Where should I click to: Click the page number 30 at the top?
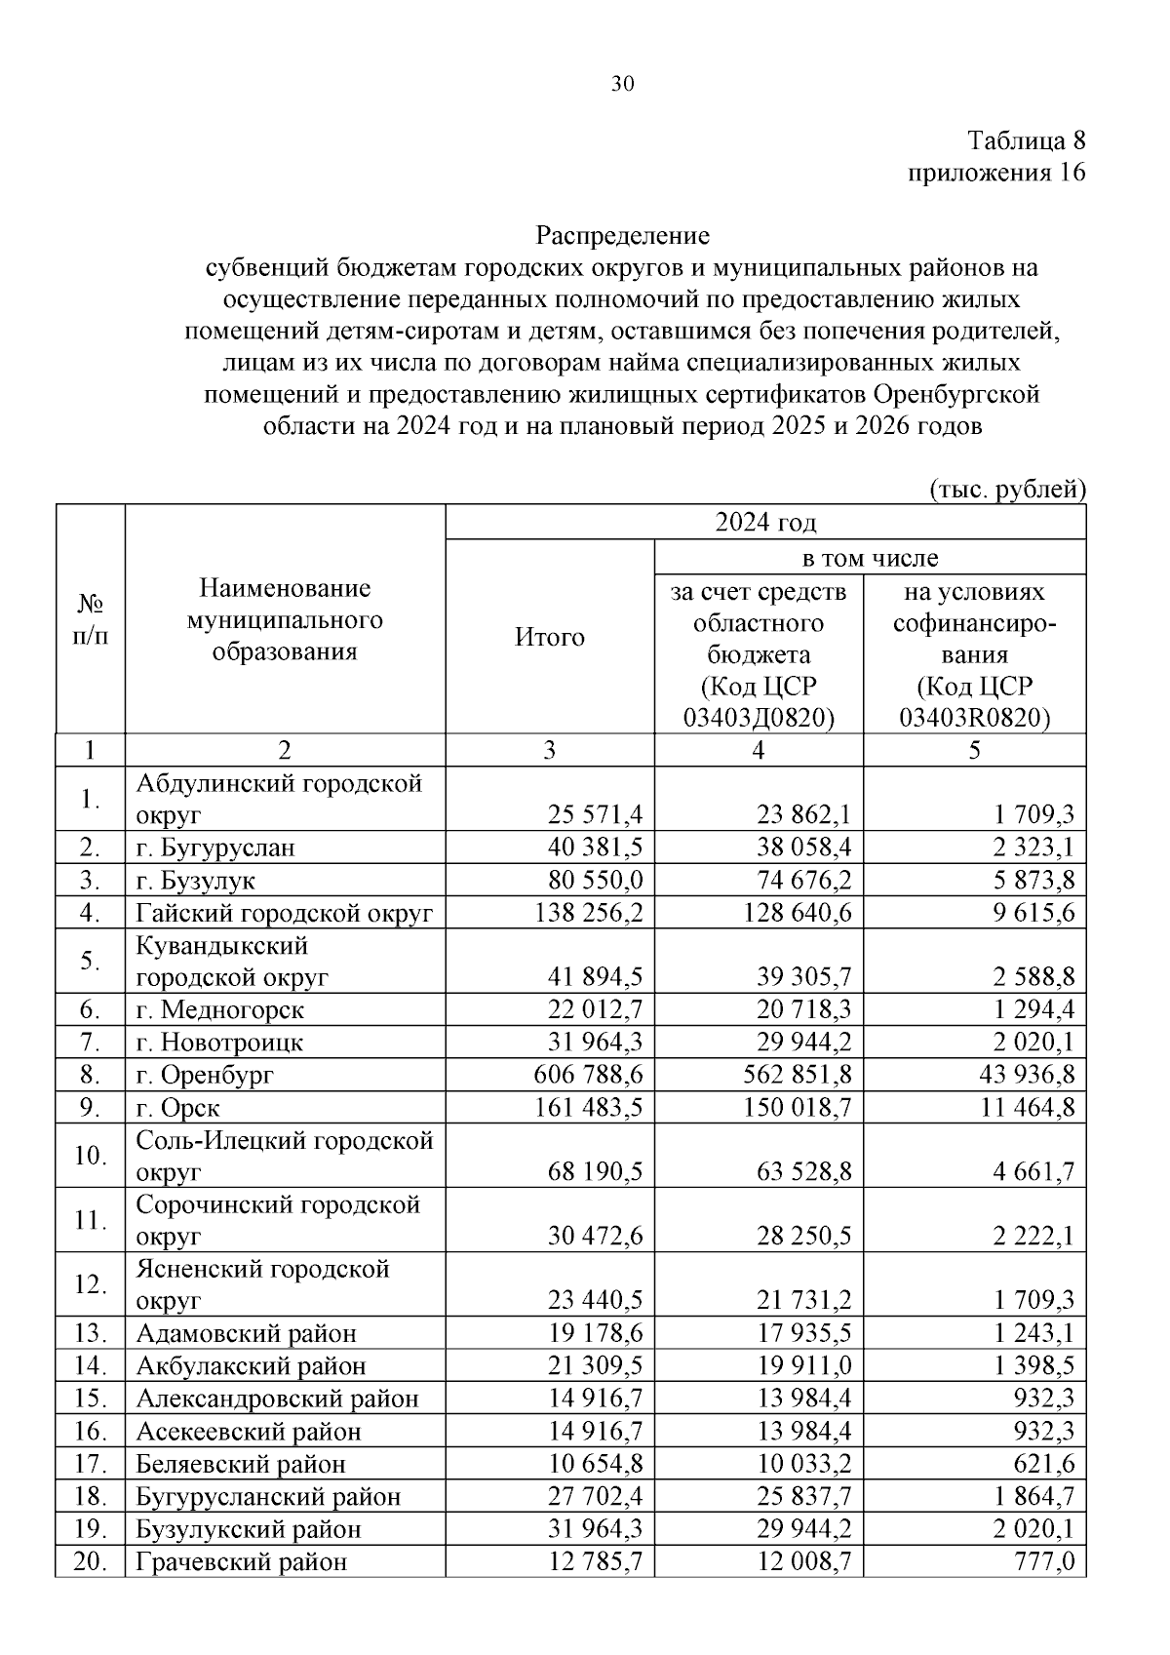pyautogui.click(x=622, y=84)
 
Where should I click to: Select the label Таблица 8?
pyautogui.click(x=1026, y=140)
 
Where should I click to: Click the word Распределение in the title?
pyautogui.click(x=623, y=236)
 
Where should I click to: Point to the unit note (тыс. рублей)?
pyautogui.click(x=1007, y=489)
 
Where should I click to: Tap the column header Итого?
pyautogui.click(x=550, y=638)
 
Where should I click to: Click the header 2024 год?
pyautogui.click(x=765, y=523)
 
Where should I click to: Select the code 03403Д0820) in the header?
pyautogui.click(x=760, y=718)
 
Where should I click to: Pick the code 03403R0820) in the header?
pyautogui.click(x=975, y=718)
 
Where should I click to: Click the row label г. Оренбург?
pyautogui.click(x=206, y=1075)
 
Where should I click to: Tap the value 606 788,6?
pyautogui.click(x=589, y=1075)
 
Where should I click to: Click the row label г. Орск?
pyautogui.click(x=178, y=1108)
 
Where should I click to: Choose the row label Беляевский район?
pyautogui.click(x=241, y=1464)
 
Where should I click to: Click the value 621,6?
pyautogui.click(x=1048, y=1464)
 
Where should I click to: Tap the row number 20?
pyautogui.click(x=90, y=1561)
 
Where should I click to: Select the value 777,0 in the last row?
pyautogui.click(x=1048, y=1561)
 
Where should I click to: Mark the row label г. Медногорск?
pyautogui.click(x=220, y=1009)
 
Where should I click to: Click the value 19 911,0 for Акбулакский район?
pyautogui.click(x=804, y=1366)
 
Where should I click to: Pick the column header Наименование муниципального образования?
pyautogui.click(x=285, y=620)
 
